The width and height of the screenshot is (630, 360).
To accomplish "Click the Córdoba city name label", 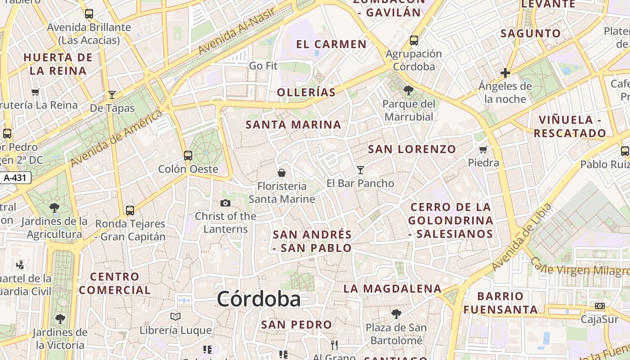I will coord(259,299).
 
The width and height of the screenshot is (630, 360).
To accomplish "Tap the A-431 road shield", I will coord(15,178).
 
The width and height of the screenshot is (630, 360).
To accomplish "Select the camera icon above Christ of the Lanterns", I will coord(225,203).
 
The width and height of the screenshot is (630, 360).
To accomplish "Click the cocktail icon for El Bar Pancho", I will coord(360,170).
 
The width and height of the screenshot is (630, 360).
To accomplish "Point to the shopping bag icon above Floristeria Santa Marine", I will coord(282,173).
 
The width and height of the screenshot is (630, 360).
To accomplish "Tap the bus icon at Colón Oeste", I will coord(188,156).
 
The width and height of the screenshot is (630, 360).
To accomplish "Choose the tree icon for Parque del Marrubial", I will coord(409,90).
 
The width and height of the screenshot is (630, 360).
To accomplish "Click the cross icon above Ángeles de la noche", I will coord(505,72).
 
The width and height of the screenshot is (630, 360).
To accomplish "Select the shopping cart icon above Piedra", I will coord(483,149).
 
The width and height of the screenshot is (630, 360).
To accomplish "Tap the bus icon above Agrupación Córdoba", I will coord(414,40).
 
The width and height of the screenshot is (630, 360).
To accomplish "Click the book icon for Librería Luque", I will coord(175,316).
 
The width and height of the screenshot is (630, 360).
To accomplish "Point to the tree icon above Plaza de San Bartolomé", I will coord(396,314).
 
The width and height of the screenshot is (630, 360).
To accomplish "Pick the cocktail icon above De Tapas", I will coord(112,95).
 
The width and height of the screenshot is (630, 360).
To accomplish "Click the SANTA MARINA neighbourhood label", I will coord(293,125).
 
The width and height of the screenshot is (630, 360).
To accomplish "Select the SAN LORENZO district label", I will coord(412,149).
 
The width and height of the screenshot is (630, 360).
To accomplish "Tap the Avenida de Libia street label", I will coord(522,237).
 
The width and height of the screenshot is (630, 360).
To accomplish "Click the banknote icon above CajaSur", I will coord(600,306).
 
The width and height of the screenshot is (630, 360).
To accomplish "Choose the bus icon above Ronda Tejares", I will coord(130,210).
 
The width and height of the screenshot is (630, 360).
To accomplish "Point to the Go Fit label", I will coord(263,66).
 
